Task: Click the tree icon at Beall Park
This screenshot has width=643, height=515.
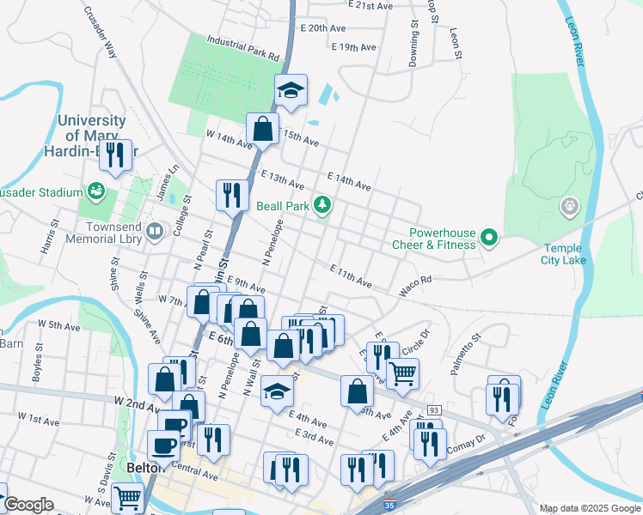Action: [x=322, y=205]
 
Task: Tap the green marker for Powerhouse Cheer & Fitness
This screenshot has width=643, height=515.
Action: [x=489, y=238]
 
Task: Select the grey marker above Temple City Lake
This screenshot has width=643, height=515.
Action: [x=569, y=206]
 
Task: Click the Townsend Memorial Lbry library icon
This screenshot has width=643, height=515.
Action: [x=154, y=230]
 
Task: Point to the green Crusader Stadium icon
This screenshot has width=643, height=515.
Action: [x=96, y=191]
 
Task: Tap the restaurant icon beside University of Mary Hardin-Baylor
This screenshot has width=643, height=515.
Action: [x=114, y=154]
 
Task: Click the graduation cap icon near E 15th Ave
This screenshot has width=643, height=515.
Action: [x=291, y=88]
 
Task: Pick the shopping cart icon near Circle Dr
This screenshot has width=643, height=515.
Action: [x=401, y=373]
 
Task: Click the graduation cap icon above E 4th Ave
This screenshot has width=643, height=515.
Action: [x=277, y=391]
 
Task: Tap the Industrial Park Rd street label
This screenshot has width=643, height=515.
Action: [x=244, y=48]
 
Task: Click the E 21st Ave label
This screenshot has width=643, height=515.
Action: [x=370, y=5]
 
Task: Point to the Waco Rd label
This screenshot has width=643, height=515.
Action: [x=413, y=285]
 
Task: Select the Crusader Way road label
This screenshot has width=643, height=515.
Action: [x=99, y=33]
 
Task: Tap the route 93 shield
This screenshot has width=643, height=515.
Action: [x=432, y=411]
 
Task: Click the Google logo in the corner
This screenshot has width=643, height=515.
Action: [x=28, y=505]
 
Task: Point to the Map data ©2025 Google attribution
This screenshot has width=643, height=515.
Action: [x=590, y=508]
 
